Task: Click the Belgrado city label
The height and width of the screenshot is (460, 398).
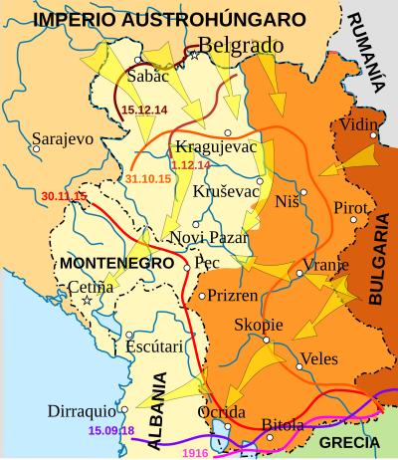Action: click(241, 45)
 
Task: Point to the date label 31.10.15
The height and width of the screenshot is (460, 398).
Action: click(148, 177)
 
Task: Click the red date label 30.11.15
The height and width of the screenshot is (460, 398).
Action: click(65, 196)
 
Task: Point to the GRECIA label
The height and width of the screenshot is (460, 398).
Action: click(350, 442)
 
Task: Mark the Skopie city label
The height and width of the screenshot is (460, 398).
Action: click(258, 326)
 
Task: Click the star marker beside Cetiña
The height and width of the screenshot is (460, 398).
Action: click(88, 300)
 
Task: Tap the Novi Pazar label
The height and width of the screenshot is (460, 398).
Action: click(206, 238)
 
